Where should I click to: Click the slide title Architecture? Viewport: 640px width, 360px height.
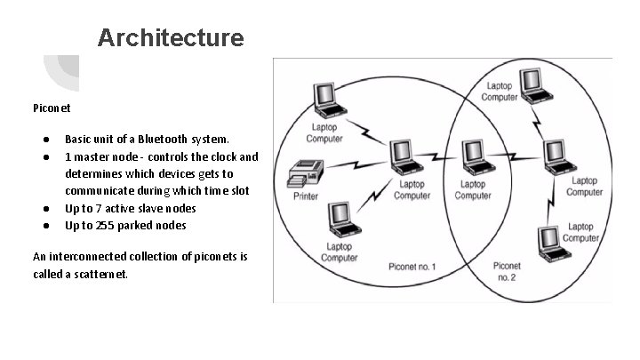pyautogui.click(x=170, y=38)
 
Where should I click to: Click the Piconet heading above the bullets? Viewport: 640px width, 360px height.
pyautogui.click(x=52, y=108)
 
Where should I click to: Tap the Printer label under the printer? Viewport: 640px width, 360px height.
pyautogui.click(x=308, y=197)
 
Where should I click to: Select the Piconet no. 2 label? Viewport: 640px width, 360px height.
pyautogui.click(x=508, y=271)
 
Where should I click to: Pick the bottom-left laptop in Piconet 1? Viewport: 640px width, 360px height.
pyautogui.click(x=339, y=219)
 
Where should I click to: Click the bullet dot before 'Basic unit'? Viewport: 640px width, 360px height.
pyautogui.click(x=43, y=140)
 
